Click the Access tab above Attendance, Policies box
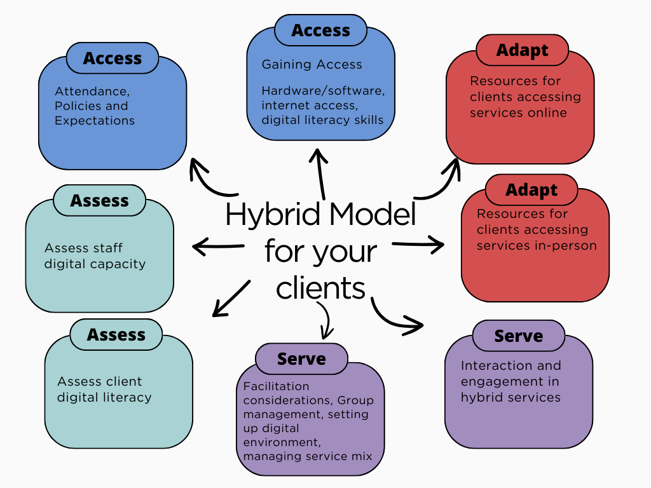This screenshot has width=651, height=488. click(x=113, y=58)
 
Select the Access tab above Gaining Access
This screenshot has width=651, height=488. click(x=320, y=30)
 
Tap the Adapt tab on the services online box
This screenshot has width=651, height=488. click(x=522, y=50)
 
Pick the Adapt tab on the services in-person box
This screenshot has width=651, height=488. click(x=531, y=190)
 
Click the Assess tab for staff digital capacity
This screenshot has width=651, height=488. click(x=99, y=201)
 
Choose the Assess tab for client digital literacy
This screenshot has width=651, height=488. click(x=116, y=335)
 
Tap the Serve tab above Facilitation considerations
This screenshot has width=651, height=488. click(x=301, y=359)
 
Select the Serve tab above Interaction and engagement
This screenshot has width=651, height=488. click(x=518, y=336)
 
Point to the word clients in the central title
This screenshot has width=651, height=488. click(x=320, y=288)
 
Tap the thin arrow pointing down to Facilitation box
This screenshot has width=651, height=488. click(x=327, y=320)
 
